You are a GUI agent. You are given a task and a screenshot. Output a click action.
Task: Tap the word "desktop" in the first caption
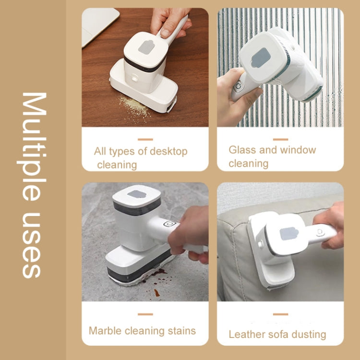coord(168,152)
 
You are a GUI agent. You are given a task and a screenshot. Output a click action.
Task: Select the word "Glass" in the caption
coord(242,150)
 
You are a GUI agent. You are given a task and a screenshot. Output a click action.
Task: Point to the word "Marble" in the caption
coord(105,331)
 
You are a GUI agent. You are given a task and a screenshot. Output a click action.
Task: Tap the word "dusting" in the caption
coord(307,335)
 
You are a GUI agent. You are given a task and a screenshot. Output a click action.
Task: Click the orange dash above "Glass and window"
coord(280,139)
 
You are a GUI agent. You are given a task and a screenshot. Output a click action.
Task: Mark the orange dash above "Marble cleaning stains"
coord(145,314)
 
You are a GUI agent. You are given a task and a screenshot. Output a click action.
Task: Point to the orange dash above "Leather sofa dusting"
coord(280,314)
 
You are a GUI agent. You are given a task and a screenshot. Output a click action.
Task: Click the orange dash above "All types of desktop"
coord(145,139)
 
